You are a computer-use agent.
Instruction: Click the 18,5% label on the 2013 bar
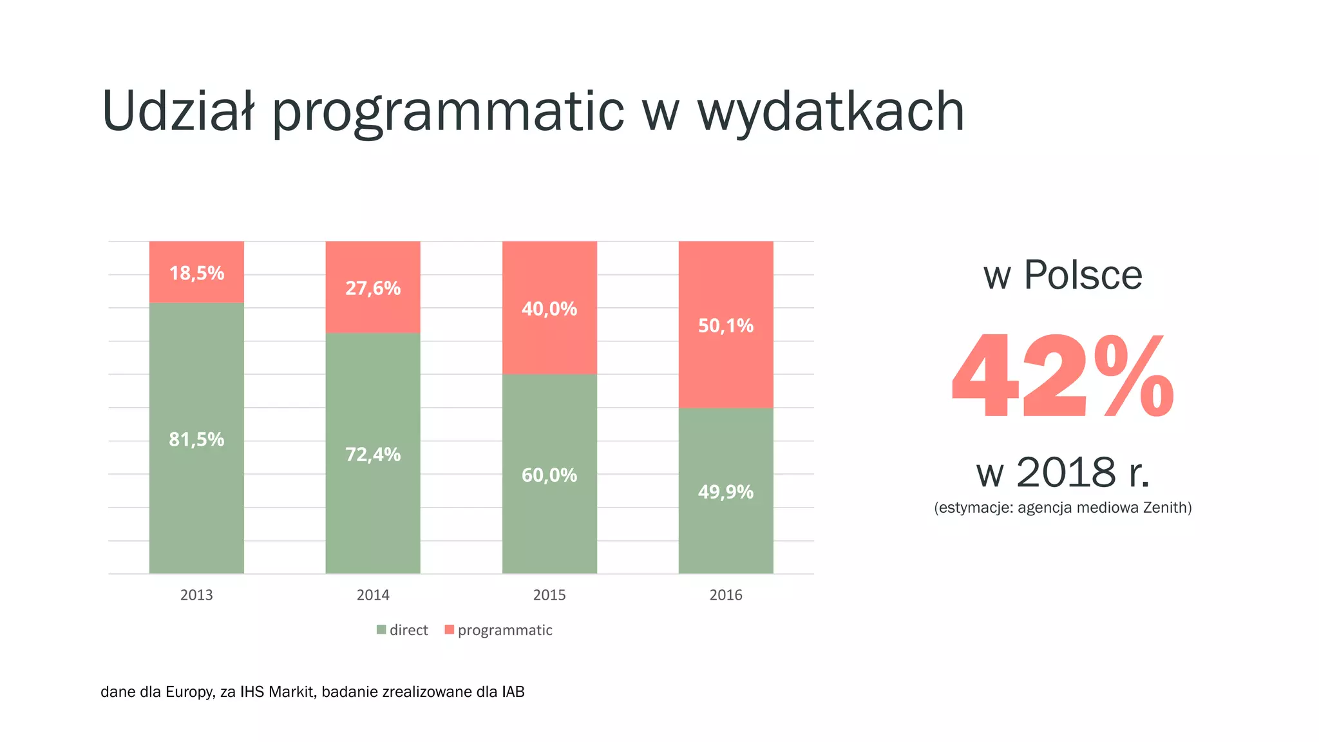point(196,273)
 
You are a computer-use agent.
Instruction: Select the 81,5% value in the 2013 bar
point(196,439)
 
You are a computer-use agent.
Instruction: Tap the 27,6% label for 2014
point(373,288)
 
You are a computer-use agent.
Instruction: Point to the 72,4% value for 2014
point(373,455)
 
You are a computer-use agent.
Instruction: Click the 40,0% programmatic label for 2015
point(549,309)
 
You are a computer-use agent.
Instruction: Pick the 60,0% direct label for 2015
point(549,475)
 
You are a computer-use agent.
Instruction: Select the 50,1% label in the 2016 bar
point(726,326)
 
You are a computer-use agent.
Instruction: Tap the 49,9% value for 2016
point(726,492)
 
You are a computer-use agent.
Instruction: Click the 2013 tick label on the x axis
point(196,595)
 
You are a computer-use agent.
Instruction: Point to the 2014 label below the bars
point(373,595)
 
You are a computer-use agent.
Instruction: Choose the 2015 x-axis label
point(549,595)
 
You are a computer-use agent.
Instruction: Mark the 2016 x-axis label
point(726,595)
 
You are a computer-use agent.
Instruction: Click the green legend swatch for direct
point(381,630)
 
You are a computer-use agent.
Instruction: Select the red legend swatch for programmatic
point(450,630)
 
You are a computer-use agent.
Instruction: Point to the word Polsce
point(1083,275)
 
